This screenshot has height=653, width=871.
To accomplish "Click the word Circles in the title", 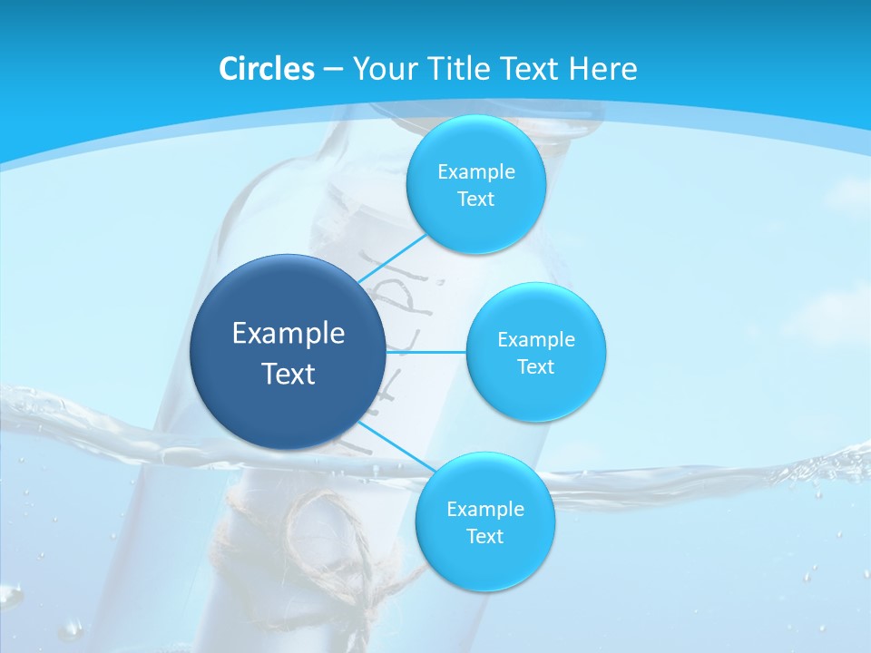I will coord(266,69).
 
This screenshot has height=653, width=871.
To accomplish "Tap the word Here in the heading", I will coord(603,69).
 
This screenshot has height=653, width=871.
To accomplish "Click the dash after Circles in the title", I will coord(333,70).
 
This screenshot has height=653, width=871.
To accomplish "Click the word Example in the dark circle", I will coord(289,334).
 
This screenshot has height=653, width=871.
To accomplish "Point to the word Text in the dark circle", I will coord(289,374).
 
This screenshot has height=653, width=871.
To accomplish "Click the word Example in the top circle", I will coord(475,172).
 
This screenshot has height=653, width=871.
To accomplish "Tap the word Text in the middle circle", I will coord(535,367).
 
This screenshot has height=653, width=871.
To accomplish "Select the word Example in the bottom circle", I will coord(484,510).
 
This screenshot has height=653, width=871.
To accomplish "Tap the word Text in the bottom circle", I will coord(484,537).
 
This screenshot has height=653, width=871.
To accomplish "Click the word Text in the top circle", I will coord(475,200).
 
